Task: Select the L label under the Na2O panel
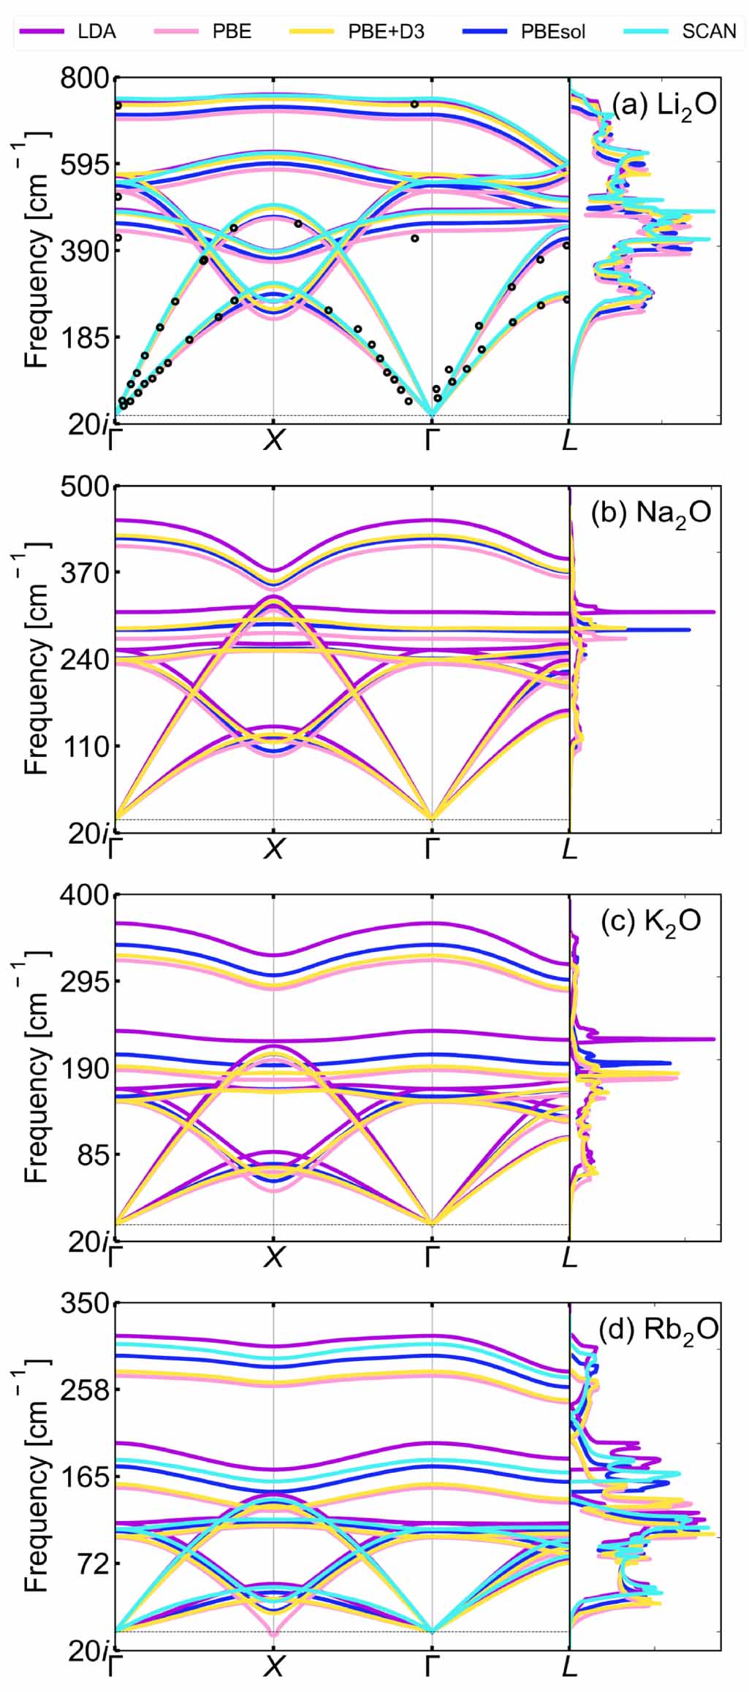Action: pyautogui.click(x=569, y=849)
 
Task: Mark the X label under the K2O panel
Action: pyautogui.click(x=273, y=1257)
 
